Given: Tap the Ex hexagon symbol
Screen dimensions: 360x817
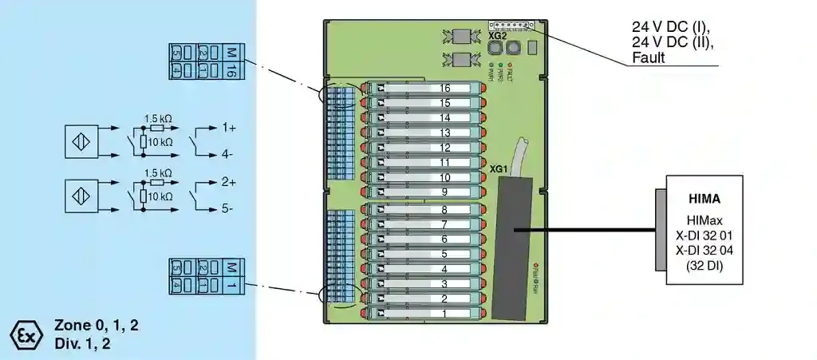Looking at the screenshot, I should (x=26, y=335).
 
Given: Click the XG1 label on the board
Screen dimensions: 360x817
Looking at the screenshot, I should (x=499, y=170).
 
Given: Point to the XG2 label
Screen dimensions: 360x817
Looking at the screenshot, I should (x=497, y=37).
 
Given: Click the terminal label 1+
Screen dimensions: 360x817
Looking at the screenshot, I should (x=230, y=127).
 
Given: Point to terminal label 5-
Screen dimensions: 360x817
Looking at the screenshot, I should (x=228, y=209).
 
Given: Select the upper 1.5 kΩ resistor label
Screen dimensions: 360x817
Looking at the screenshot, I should (x=157, y=117).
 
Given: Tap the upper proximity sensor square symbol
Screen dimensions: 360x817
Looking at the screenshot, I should (x=81, y=140).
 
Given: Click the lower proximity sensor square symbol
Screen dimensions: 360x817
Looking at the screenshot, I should (x=81, y=196).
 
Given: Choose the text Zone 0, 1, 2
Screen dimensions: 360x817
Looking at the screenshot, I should (x=97, y=325).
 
